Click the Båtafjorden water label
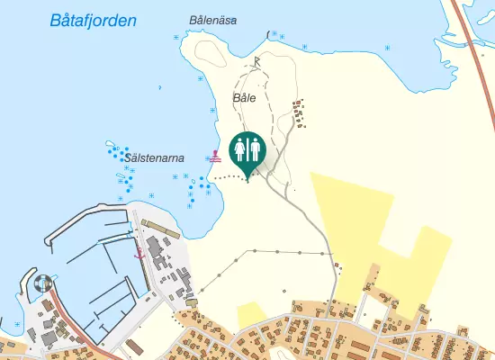[x=94, y=21]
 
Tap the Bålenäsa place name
[x=213, y=20]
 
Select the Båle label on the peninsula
[x=244, y=97]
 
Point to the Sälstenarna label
[x=156, y=157]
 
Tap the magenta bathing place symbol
[x=214, y=156]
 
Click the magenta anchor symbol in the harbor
[x=139, y=256]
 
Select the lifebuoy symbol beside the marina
[x=41, y=283]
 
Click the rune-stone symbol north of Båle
[x=256, y=61]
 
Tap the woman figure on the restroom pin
[x=240, y=146]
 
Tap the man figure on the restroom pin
[x=254, y=146]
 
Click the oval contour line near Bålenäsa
[x=208, y=52]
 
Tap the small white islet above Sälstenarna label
[x=112, y=144]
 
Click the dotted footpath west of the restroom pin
[x=226, y=178]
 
